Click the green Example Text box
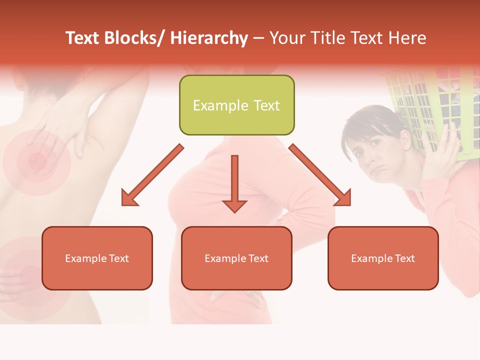[x=236, y=105]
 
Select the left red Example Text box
[x=97, y=258]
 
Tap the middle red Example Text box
[x=236, y=258]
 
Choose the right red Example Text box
[x=383, y=258]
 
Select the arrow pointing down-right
[x=320, y=175]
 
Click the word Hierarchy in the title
[x=209, y=38]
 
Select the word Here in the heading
[x=407, y=38]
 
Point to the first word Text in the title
[x=83, y=38]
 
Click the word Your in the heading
[x=286, y=38]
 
